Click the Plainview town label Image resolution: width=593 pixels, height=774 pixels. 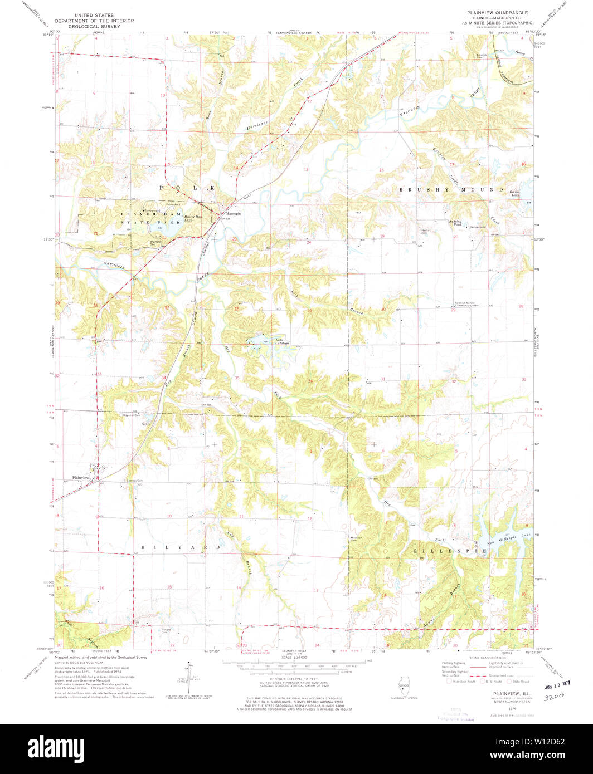coord(80,478)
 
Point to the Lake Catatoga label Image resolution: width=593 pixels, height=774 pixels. coord(281,342)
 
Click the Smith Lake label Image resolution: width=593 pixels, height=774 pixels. coord(514,193)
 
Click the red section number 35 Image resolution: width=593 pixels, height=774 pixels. coord(237,378)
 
